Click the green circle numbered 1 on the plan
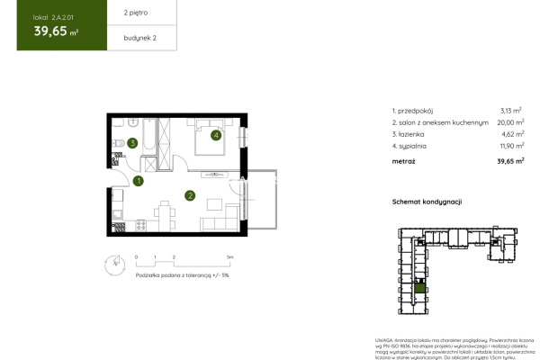138,181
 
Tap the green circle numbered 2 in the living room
190,194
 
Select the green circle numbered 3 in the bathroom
132,142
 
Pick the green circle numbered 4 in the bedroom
216,136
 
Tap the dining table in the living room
165,212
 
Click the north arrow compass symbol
112,263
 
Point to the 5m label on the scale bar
230,256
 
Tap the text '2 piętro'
125,14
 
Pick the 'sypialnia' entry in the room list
411,144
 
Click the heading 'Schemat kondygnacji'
427,202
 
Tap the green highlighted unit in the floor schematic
420,287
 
